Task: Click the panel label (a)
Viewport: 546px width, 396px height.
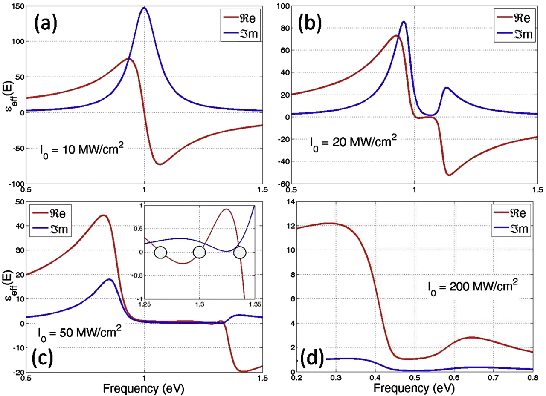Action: pyautogui.click(x=49, y=22)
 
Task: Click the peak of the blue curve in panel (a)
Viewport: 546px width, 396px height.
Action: pyautogui.click(x=144, y=8)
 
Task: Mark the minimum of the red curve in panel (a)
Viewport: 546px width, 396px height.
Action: pyautogui.click(x=160, y=164)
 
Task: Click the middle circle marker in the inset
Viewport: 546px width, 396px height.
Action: pyautogui.click(x=199, y=252)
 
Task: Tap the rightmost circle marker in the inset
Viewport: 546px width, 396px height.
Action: pyautogui.click(x=241, y=252)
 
